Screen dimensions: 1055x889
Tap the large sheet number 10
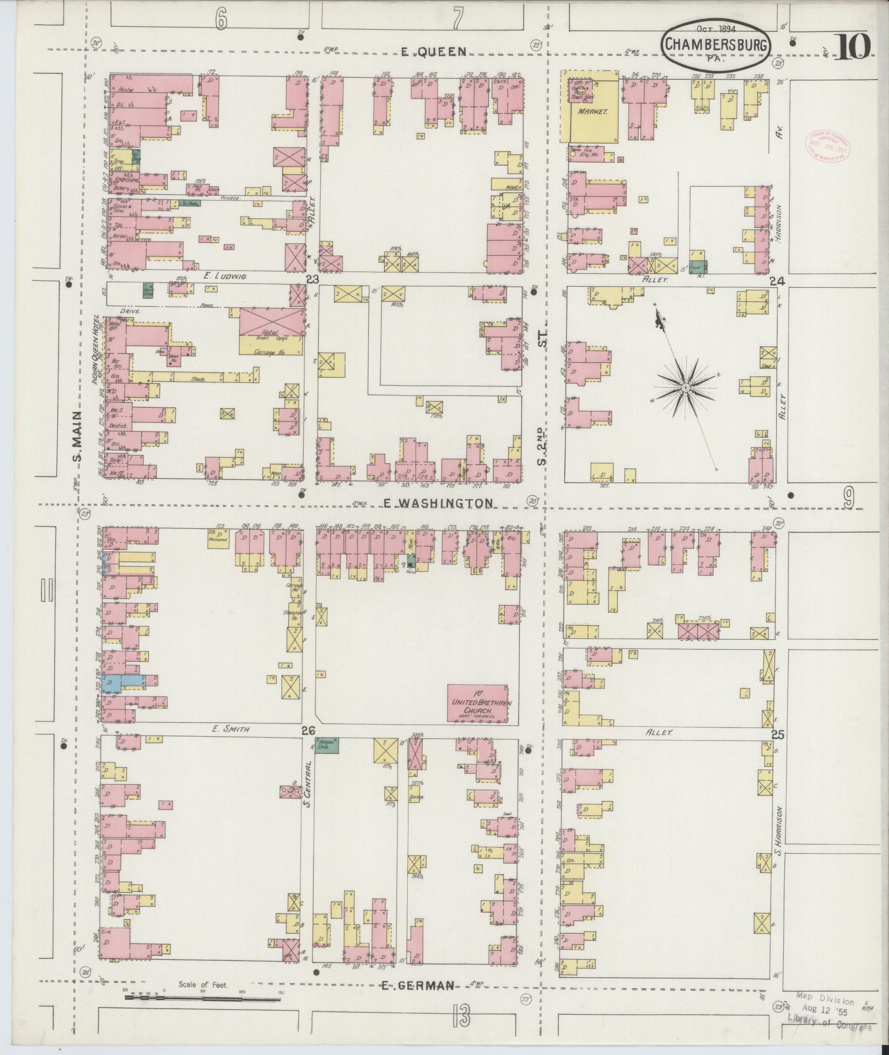tap(854, 46)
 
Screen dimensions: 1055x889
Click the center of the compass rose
tap(685, 388)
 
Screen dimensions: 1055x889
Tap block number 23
tap(313, 280)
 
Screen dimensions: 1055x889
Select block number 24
tap(777, 281)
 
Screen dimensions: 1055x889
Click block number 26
tap(308, 731)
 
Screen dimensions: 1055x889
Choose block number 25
tap(777, 735)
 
